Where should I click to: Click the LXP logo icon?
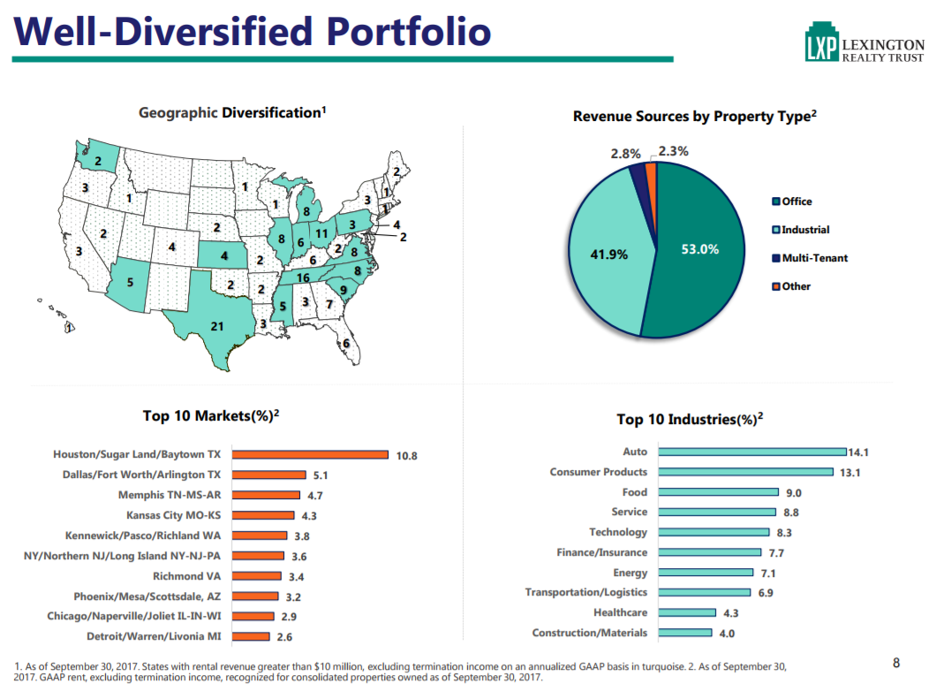821,46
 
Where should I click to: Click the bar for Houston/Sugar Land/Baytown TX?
309,455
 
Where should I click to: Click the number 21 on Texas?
217,326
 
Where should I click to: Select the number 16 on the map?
303,277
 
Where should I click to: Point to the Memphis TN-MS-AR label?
170,495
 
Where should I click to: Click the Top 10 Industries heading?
690,420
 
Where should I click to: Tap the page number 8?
896,664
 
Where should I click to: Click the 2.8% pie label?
625,154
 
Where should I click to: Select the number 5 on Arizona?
130,283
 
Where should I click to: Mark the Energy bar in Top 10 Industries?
706,573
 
